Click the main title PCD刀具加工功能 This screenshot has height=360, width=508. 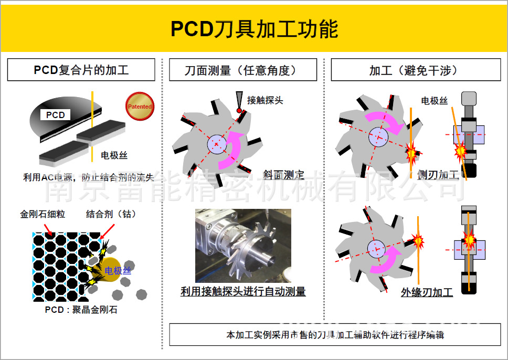pyautogui.click(x=254, y=29)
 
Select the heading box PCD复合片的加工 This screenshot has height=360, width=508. pyautogui.click(x=81, y=70)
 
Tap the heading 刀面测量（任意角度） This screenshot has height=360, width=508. pyautogui.click(x=243, y=70)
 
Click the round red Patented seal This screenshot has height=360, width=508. pyautogui.click(x=140, y=107)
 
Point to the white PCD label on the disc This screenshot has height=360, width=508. pyautogui.click(x=55, y=115)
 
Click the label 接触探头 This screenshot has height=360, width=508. pyautogui.click(x=265, y=100)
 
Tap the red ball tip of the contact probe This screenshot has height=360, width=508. pyautogui.click(x=240, y=111)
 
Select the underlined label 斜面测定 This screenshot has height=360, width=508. pyautogui.click(x=283, y=175)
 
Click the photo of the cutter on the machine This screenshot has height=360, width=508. pyautogui.click(x=243, y=246)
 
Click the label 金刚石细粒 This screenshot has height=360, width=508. pyautogui.click(x=43, y=214)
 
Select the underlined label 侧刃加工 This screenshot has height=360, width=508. pyautogui.click(x=438, y=175)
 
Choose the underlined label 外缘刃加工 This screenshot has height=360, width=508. pyautogui.click(x=427, y=292)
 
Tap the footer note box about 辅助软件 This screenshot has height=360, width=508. pyautogui.click(x=335, y=334)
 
